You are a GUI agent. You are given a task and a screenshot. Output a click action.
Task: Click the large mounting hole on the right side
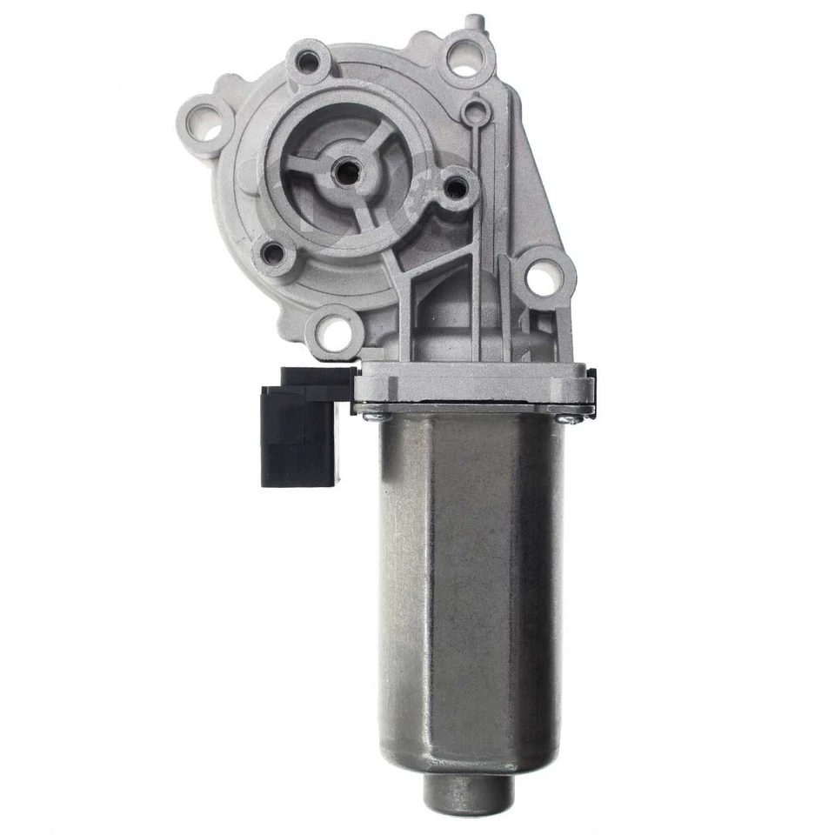(542, 277)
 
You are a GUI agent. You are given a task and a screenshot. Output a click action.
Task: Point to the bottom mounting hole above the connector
(332, 331)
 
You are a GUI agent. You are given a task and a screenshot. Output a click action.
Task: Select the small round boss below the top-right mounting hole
(474, 111)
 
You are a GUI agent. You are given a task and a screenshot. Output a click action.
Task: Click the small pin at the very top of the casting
(471, 19)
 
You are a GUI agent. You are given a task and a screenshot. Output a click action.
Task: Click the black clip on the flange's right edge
(592, 388)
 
